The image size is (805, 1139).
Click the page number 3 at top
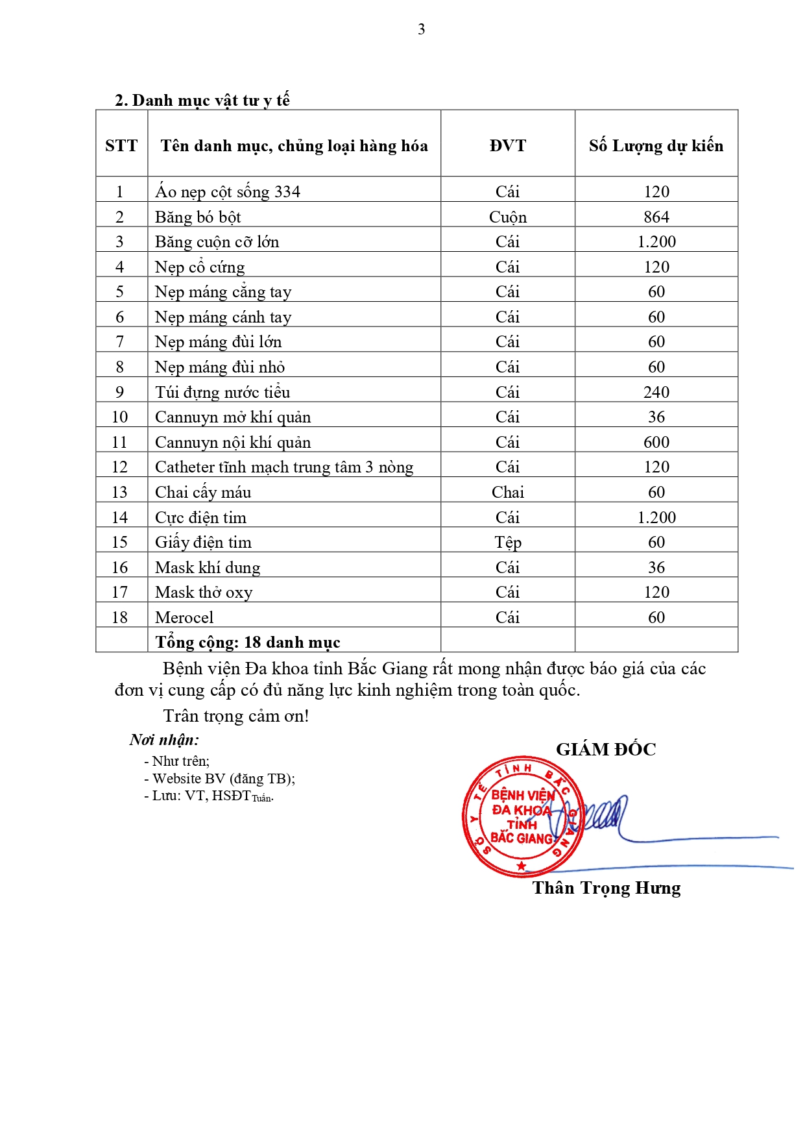click(x=421, y=29)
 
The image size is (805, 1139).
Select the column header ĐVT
click(x=507, y=145)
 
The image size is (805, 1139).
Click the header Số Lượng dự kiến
click(x=656, y=145)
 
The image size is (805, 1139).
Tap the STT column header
click(x=121, y=145)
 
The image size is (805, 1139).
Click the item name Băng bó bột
click(x=198, y=217)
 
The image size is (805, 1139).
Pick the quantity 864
click(x=656, y=217)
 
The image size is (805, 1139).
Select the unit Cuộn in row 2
click(x=507, y=217)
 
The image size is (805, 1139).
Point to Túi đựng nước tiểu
click(x=222, y=392)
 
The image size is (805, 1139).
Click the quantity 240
click(x=656, y=392)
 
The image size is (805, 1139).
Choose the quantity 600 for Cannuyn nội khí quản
click(x=656, y=442)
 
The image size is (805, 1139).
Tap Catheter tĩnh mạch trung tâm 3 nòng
click(x=283, y=467)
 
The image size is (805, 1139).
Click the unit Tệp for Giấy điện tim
click(x=507, y=543)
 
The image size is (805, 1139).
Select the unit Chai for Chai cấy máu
click(x=507, y=492)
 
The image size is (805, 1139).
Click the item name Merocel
click(x=184, y=617)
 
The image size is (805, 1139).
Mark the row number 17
click(x=120, y=592)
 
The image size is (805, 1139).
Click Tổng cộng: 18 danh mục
click(x=247, y=642)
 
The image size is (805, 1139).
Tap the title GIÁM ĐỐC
click(x=605, y=750)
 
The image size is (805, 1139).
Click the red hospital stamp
click(x=523, y=816)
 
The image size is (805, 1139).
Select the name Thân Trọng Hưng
click(x=606, y=888)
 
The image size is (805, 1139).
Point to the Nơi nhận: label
click(x=164, y=740)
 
